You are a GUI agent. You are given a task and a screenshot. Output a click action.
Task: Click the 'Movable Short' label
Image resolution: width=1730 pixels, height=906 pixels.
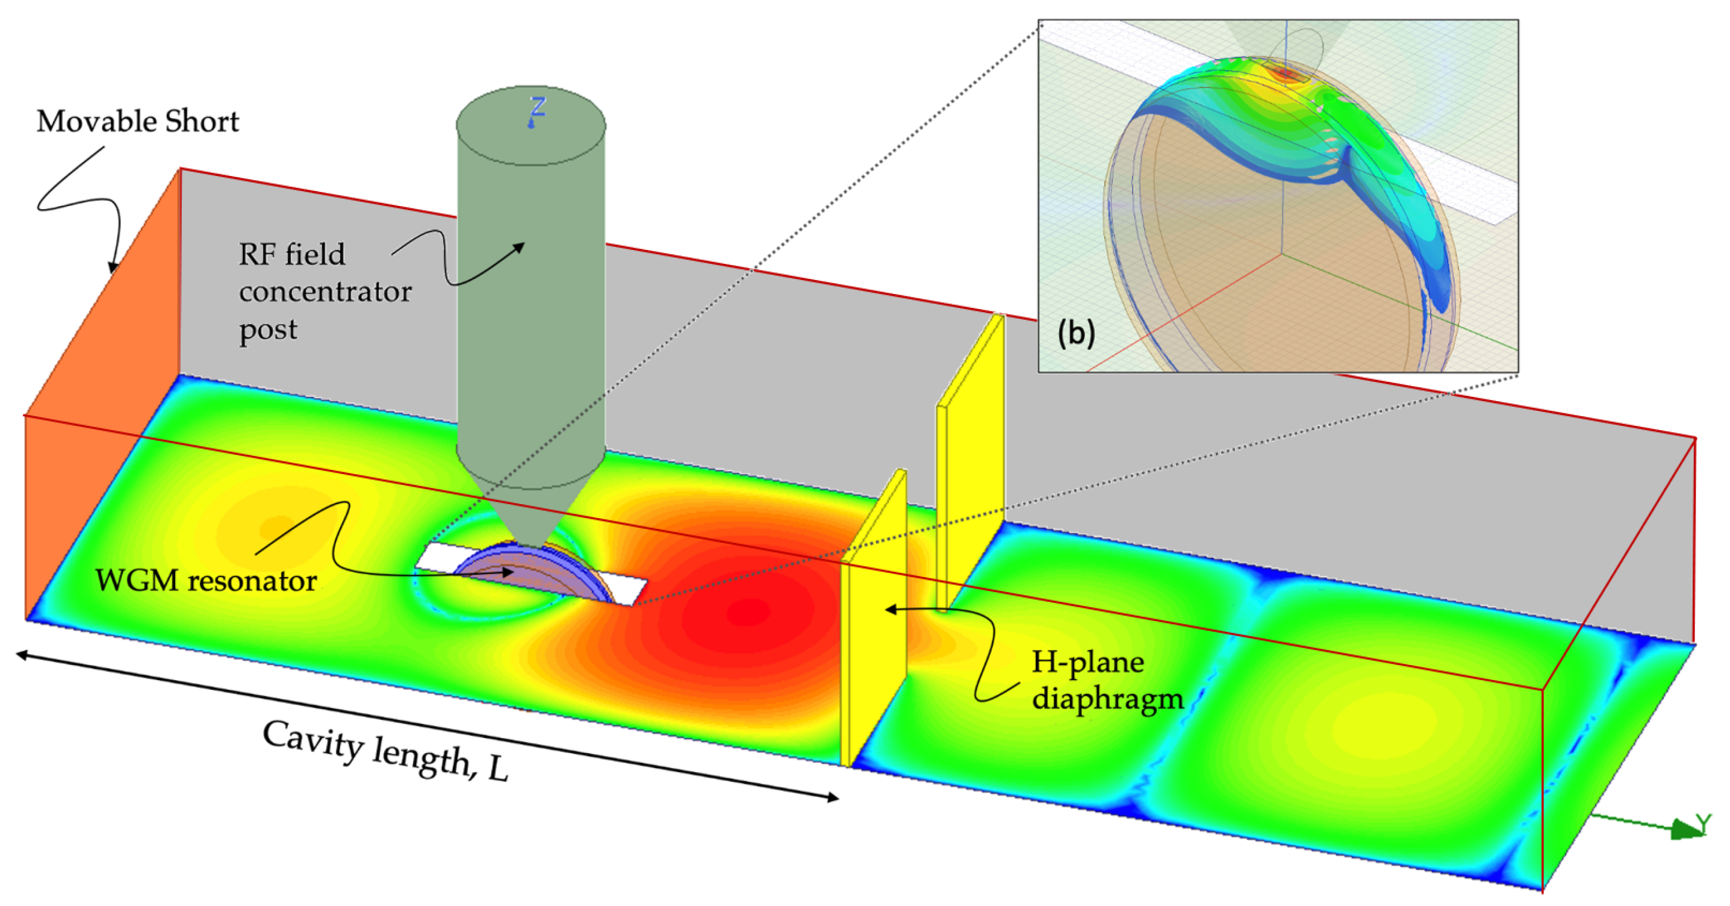[x=138, y=122]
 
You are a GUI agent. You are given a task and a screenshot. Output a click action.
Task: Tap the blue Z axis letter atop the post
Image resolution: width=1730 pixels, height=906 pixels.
[x=537, y=109]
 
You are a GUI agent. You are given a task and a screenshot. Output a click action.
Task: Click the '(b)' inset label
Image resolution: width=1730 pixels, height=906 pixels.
[x=1076, y=333]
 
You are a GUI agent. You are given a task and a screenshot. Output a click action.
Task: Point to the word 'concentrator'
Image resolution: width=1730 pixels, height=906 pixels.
[x=325, y=292]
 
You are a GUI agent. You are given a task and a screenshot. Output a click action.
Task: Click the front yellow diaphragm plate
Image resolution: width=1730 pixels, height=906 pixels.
[x=873, y=625]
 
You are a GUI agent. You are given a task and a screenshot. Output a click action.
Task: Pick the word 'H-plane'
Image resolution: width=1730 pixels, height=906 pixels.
[x=1088, y=663]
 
